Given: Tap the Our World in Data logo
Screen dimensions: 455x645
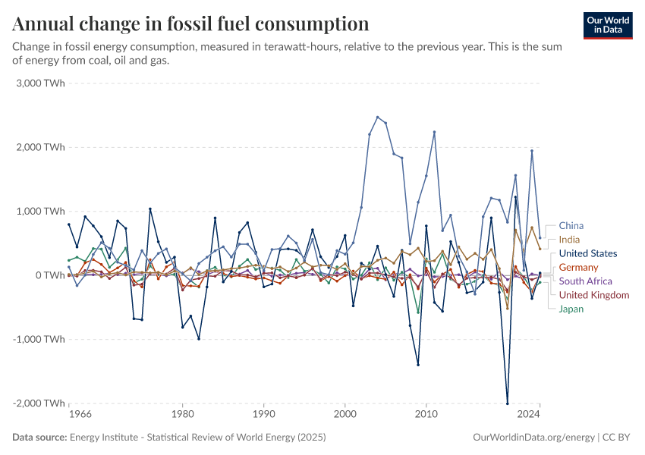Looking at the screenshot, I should point(607,25).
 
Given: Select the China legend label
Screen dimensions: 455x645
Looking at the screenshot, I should point(571,225).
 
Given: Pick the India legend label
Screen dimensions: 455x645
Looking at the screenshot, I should point(569,240).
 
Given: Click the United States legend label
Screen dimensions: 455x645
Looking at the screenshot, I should point(588,253).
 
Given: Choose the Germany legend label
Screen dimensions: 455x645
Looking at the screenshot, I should point(578,267).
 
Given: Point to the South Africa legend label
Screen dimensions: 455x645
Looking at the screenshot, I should point(585,281).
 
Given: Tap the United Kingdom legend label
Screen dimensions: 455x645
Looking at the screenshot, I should point(594,295).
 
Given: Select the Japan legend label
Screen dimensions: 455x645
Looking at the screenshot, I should point(571,309).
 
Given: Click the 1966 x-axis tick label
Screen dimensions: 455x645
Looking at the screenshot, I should point(80,415).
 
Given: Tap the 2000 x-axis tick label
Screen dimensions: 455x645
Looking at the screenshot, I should point(345,415).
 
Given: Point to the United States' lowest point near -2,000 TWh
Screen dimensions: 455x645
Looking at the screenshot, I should point(507,403).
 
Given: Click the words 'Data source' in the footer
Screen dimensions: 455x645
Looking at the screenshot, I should point(39,438).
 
